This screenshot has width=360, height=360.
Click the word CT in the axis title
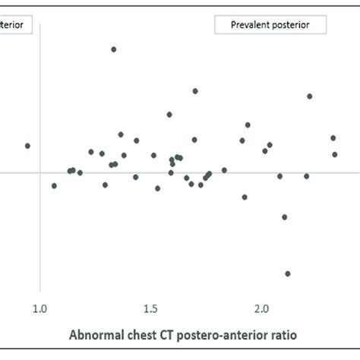click(x=171, y=334)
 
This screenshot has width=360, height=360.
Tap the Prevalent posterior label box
click(x=270, y=25)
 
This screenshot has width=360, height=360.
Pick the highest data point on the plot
click(x=113, y=49)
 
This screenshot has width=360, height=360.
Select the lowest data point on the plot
click(x=288, y=273)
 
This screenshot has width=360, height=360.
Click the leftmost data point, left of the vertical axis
click(x=27, y=146)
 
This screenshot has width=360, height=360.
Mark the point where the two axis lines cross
click(x=40, y=173)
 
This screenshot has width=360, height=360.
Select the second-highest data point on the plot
click(x=195, y=91)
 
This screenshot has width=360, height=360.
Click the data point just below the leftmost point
click(x=54, y=185)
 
